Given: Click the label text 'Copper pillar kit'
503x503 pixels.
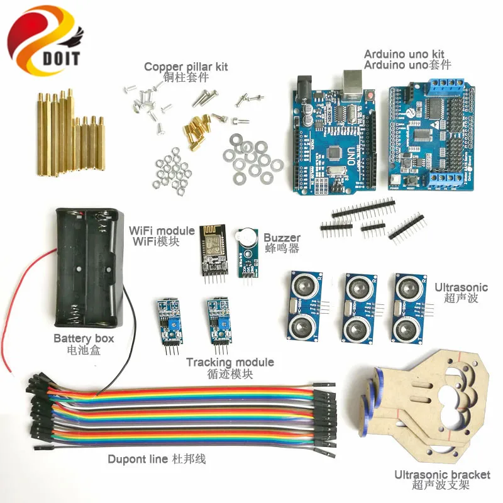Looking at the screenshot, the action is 185,66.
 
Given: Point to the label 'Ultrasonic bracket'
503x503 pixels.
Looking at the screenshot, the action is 441,475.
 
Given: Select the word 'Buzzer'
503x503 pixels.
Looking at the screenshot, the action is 282,238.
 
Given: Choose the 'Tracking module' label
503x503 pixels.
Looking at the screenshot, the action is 230,362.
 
